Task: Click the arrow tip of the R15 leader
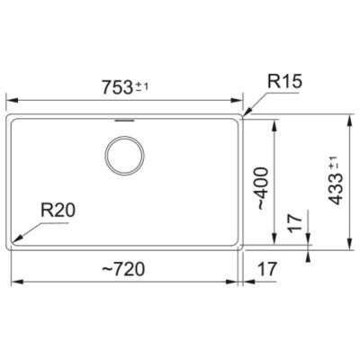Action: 244,114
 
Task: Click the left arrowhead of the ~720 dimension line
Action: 13,282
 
